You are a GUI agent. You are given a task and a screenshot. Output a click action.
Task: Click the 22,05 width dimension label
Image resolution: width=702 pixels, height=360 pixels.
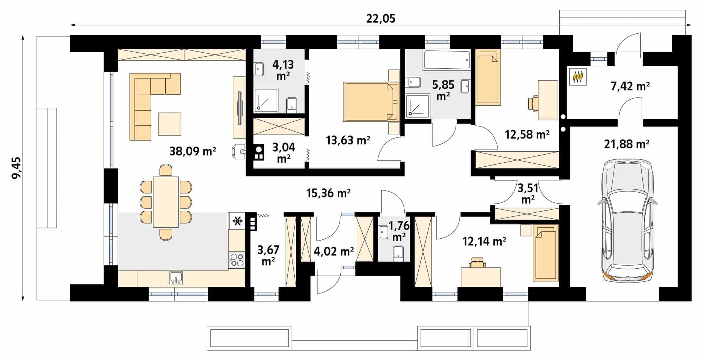point(381,18)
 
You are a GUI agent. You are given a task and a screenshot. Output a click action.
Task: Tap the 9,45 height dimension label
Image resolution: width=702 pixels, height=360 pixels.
point(16,168)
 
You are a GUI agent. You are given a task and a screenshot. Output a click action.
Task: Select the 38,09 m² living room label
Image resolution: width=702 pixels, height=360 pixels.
point(193,151)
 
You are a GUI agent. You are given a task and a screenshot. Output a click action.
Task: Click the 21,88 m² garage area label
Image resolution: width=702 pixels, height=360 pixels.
point(627,144)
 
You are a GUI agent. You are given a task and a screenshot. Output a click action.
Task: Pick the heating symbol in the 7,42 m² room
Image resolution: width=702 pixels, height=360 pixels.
point(578,77)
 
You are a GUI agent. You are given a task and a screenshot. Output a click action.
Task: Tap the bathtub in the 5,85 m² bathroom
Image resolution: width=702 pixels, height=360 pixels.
point(446,60)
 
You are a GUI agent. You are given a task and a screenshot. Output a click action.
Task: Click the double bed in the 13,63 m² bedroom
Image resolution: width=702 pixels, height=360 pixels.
point(370,102)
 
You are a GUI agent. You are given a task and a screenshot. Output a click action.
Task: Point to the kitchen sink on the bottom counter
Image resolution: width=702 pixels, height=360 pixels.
point(176,277)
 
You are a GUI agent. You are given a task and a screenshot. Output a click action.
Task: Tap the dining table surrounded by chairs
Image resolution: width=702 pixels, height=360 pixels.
point(166,202)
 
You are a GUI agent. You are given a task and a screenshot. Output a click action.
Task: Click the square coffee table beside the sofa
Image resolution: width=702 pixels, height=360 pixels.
point(170,124)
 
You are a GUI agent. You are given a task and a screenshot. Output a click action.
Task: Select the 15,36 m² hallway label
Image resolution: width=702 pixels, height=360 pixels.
point(328,193)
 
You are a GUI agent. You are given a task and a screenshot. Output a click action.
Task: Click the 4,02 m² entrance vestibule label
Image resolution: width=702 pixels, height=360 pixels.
point(334,251)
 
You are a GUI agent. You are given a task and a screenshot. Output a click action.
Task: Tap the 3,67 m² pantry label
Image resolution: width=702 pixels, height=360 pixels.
point(268,255)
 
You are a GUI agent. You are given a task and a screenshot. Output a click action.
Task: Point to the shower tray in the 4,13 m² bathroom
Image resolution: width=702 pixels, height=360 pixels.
point(266,99)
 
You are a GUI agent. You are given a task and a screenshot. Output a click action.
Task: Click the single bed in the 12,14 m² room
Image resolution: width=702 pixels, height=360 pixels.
point(546,253)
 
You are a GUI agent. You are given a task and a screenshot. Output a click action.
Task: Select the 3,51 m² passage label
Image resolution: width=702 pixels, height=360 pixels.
point(528,194)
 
